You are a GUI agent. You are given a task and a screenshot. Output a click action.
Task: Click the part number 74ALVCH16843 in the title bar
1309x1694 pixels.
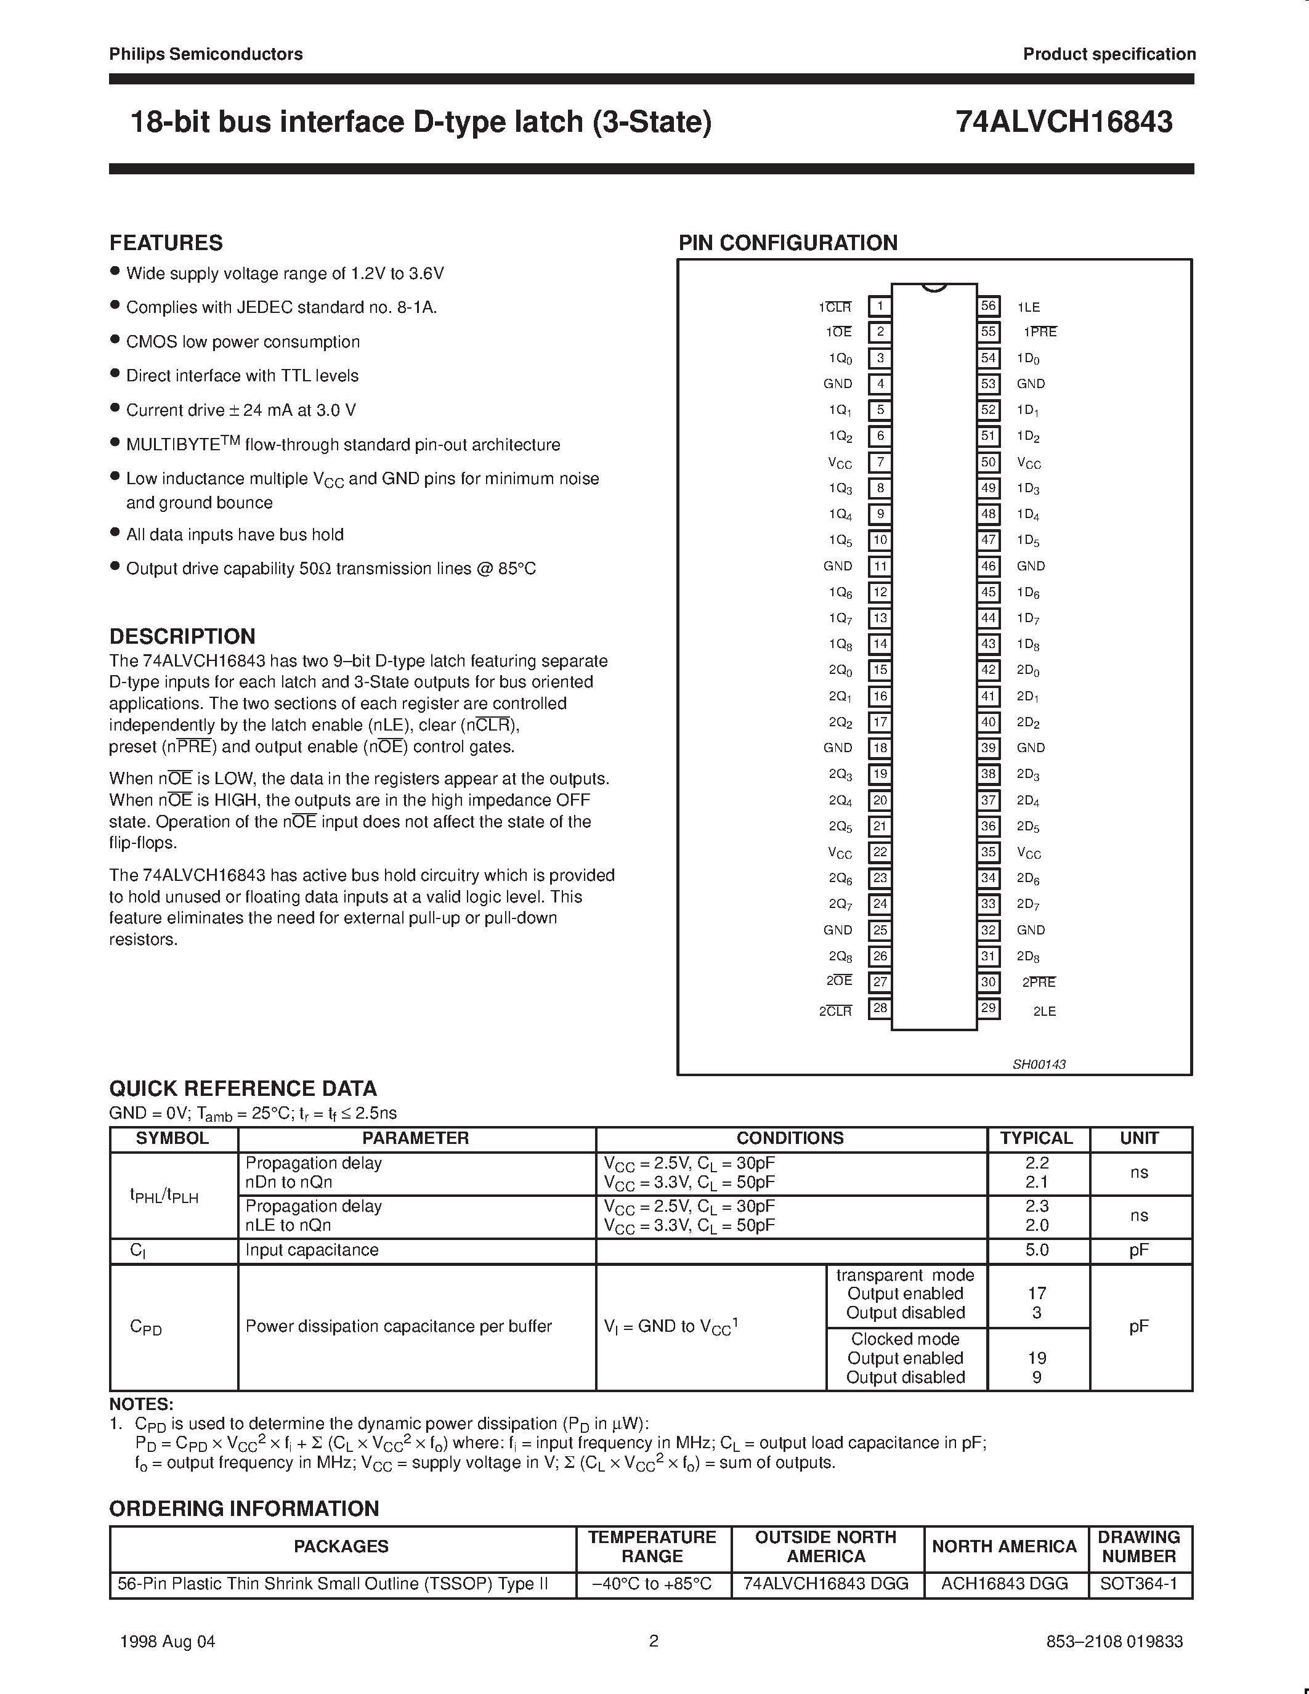point(1063,123)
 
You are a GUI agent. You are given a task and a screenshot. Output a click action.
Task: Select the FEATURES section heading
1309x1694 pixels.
point(166,243)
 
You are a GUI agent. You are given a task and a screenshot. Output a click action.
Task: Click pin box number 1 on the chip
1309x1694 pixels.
point(880,306)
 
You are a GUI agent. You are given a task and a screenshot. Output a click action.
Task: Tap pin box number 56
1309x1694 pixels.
point(988,306)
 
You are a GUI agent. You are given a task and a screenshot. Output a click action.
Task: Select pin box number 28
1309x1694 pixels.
point(880,1008)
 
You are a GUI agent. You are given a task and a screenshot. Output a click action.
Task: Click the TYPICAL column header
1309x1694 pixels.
point(1036,1138)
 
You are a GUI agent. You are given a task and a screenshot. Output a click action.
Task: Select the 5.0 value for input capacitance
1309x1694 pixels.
point(1037,1250)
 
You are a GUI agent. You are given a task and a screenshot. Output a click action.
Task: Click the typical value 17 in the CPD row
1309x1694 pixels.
point(1037,1293)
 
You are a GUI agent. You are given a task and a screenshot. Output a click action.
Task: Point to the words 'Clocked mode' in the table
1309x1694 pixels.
point(905,1339)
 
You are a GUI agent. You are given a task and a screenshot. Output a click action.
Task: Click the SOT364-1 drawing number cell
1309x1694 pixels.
point(1138,1584)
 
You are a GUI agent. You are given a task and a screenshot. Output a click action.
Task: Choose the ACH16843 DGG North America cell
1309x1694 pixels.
point(1004,1584)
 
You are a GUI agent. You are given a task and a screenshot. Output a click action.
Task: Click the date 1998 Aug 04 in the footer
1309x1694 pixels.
point(168,1641)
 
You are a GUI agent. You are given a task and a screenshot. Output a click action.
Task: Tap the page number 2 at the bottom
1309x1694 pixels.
point(654,1640)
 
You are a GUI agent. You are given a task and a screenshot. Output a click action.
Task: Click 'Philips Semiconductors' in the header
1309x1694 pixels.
point(206,54)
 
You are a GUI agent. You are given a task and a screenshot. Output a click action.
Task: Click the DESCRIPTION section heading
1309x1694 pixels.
point(182,636)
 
